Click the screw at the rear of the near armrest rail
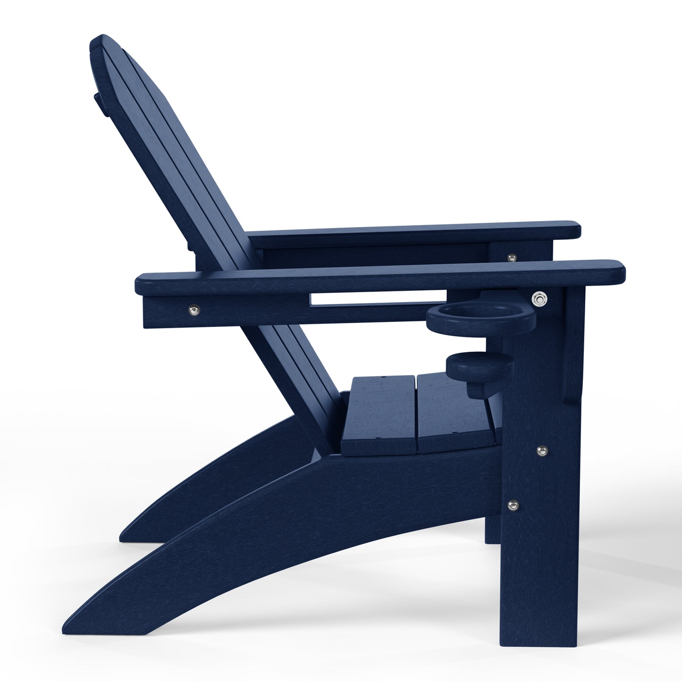(x=194, y=310)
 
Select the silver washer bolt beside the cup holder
(x=538, y=298)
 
